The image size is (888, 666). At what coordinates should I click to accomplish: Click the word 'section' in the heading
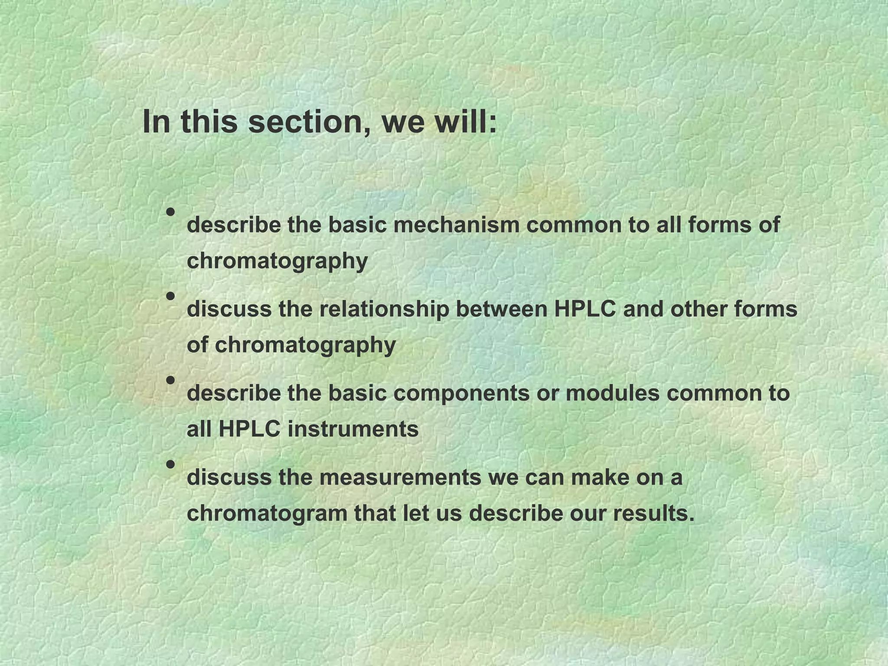click(x=309, y=122)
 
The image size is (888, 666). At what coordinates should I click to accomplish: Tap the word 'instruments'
click(x=353, y=429)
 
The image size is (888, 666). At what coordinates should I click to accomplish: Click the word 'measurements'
click(x=400, y=477)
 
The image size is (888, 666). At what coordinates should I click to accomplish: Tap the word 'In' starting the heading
click(x=156, y=122)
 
